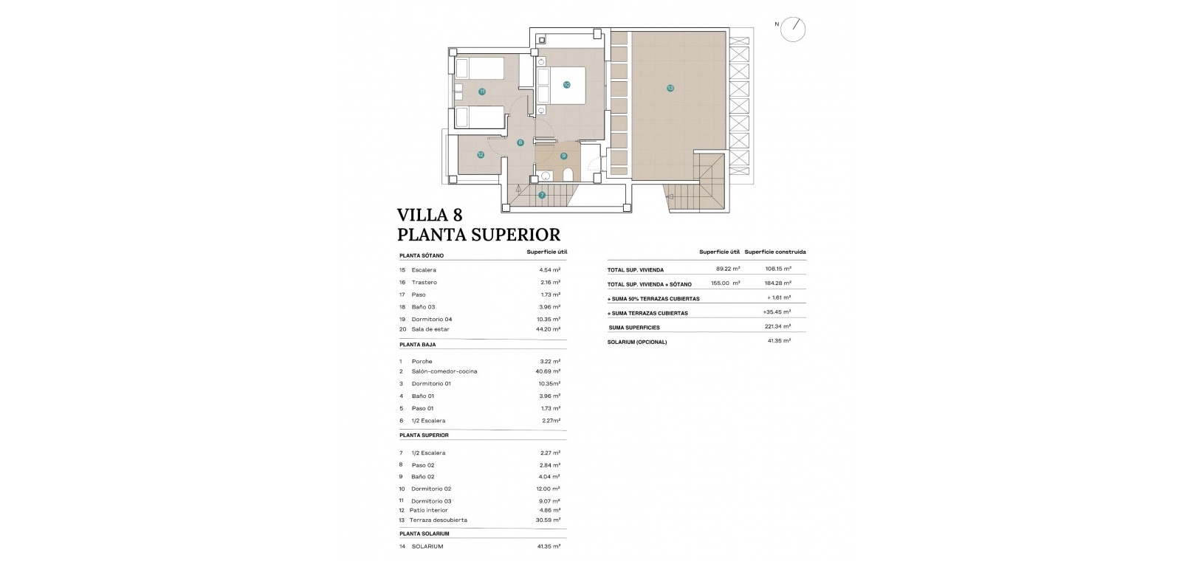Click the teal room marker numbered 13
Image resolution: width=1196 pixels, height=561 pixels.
[670, 88]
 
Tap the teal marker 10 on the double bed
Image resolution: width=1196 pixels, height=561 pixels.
[566, 84]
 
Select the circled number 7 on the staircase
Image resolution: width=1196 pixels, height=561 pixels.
[542, 196]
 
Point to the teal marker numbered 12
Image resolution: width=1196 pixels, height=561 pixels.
[481, 155]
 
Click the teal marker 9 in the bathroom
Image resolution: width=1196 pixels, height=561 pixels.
[563, 156]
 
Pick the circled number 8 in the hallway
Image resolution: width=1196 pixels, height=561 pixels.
[520, 142]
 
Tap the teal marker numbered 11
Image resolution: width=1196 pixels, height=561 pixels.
[481, 92]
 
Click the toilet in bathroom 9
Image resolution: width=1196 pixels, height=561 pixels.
[568, 174]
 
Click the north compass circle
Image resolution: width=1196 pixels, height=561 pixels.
[793, 30]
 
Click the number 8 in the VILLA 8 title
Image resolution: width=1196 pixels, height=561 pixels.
[457, 215]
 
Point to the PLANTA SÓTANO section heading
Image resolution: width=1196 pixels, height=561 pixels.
[422, 255]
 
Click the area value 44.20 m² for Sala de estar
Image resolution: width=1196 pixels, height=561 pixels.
[548, 329]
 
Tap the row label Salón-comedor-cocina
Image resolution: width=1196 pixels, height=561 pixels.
[444, 371]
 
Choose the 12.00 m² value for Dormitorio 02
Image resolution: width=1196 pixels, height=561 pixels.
[549, 489]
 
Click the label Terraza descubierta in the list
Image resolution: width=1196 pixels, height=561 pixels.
[439, 520]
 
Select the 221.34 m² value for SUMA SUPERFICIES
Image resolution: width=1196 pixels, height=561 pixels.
[778, 326]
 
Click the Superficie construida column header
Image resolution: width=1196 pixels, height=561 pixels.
[775, 252]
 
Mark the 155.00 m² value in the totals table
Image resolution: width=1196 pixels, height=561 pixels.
[726, 283]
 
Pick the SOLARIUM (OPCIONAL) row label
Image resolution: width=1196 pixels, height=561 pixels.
[637, 343]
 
